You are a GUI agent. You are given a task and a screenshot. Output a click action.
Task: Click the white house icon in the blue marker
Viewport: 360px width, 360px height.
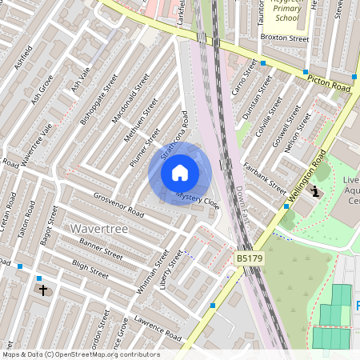pos(180,173)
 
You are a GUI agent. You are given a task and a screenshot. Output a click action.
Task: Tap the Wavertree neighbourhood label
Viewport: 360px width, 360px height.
pos(99,229)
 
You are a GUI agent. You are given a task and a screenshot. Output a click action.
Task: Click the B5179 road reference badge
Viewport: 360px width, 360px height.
pos(248,259)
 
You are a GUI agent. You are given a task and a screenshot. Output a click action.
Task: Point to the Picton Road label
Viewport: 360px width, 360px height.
pos(327,80)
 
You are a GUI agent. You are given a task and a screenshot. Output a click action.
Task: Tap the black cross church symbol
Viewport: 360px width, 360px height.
pos(42,291)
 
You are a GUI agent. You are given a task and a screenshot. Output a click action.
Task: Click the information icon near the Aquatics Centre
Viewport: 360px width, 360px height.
pos(315,191)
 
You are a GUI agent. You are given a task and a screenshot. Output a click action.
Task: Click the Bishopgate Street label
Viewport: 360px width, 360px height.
pos(98,99)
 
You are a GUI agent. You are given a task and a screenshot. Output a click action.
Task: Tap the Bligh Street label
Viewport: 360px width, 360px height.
pos(90,270)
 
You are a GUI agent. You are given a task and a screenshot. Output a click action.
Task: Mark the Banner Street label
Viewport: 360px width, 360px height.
pos(100,249)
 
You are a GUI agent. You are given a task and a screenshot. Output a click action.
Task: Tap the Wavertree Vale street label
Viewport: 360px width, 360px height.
pos(37,145)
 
